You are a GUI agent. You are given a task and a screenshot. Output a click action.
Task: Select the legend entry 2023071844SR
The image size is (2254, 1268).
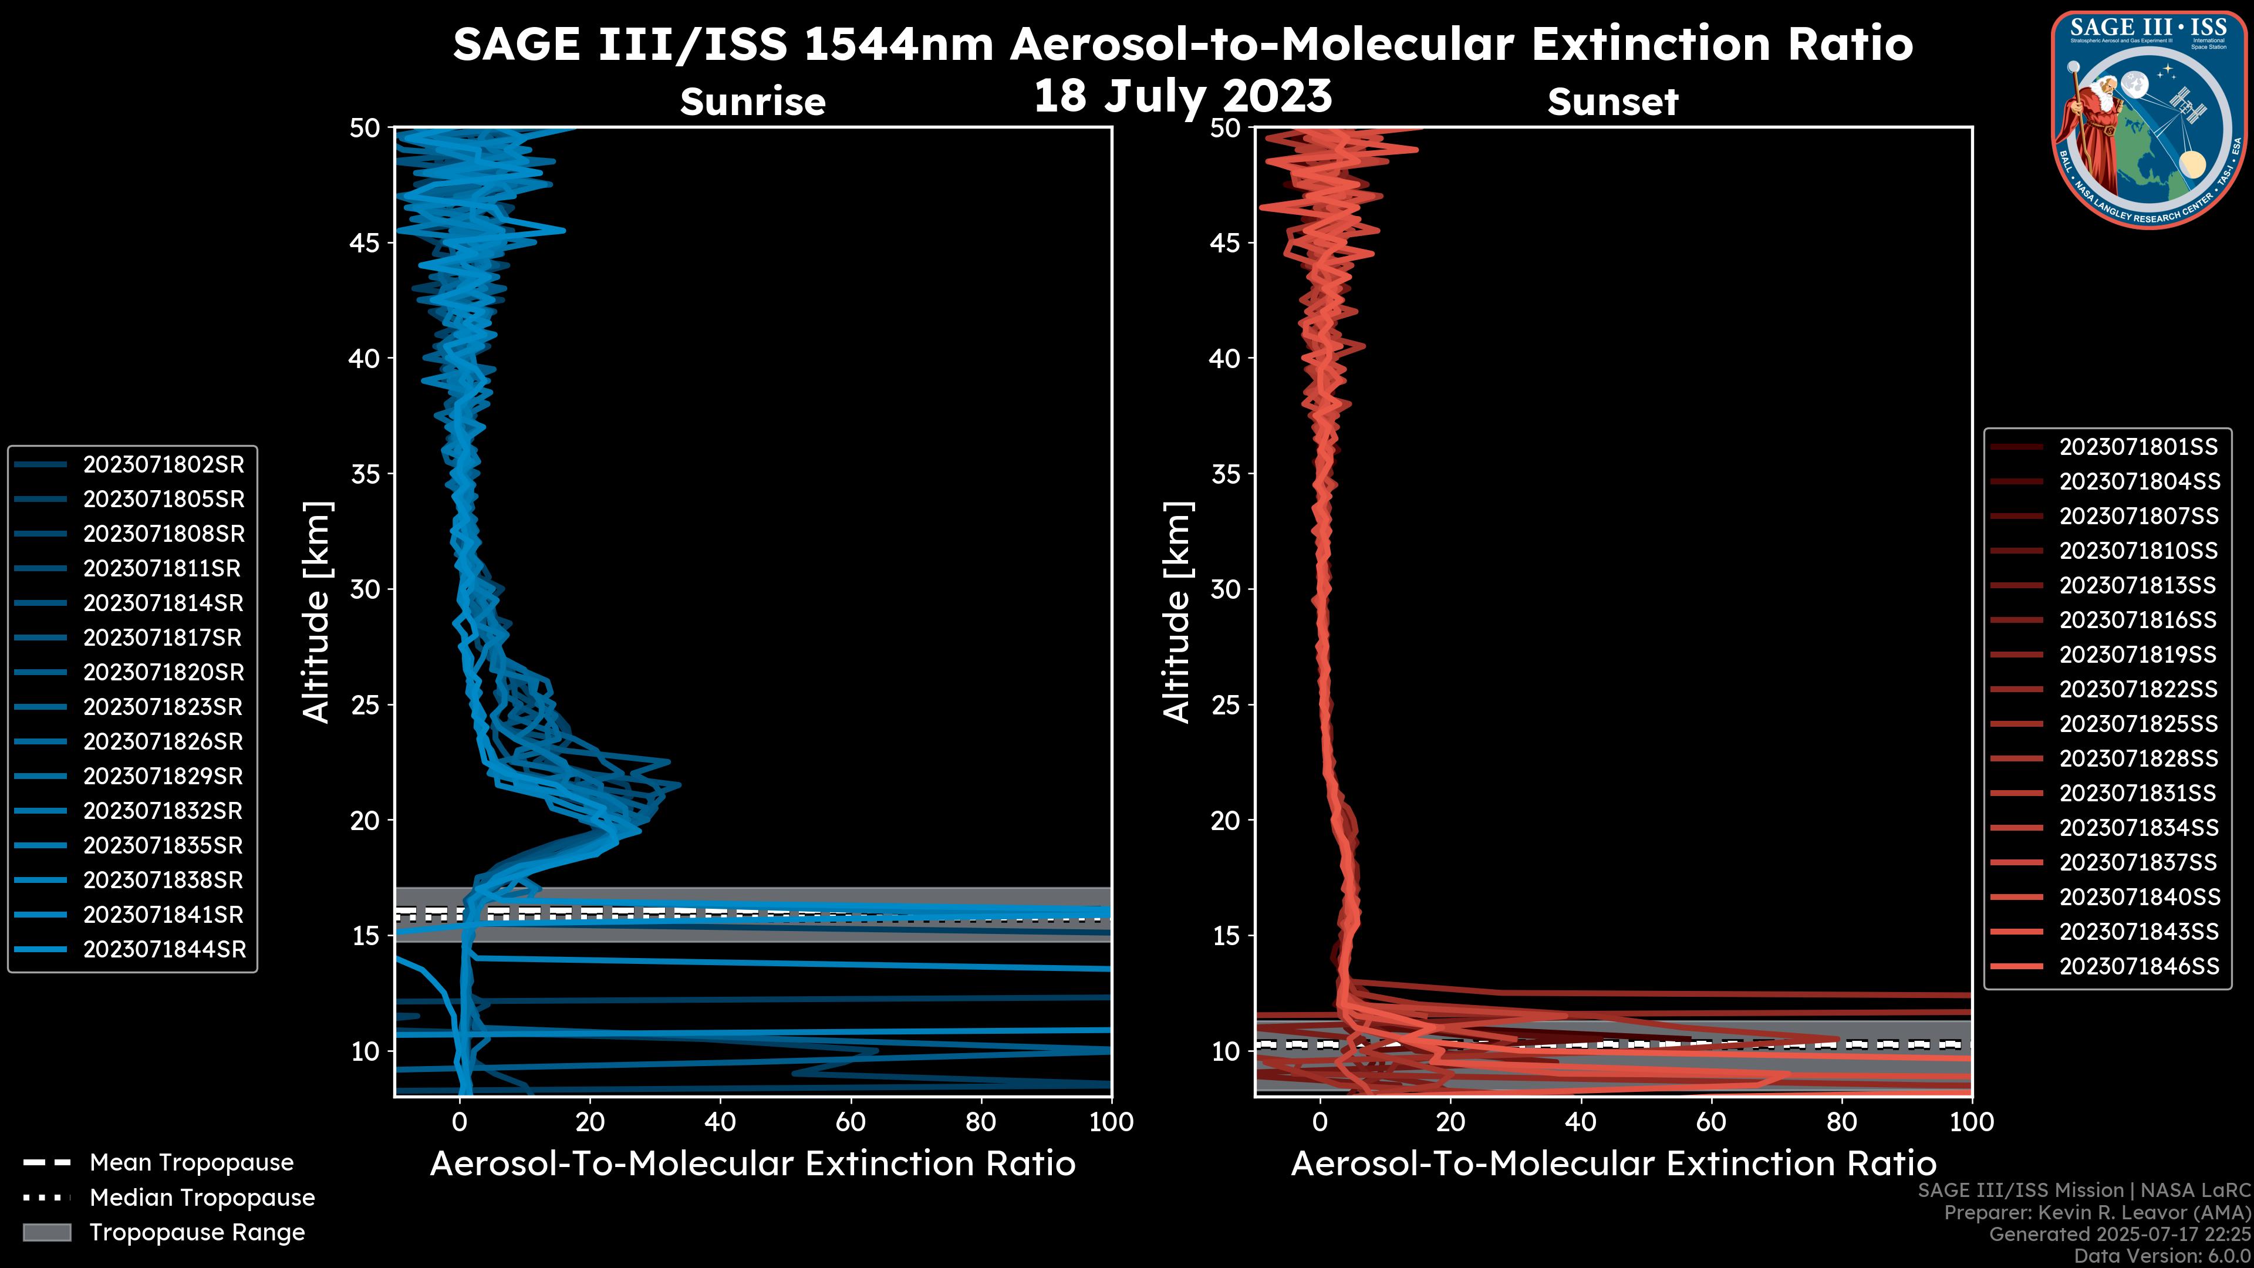[164, 949]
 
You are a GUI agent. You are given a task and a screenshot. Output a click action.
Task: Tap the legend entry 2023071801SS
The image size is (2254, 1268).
[2138, 447]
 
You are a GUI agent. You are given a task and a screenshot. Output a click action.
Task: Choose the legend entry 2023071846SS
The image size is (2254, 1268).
[2138, 966]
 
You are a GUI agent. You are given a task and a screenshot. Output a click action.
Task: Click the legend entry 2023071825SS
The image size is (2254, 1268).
[2138, 724]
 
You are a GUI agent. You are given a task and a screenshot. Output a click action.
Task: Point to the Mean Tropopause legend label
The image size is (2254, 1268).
[191, 1163]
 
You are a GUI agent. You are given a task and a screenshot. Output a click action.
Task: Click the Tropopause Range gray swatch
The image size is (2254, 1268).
[46, 1232]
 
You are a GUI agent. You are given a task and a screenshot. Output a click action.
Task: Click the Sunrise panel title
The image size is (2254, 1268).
[753, 102]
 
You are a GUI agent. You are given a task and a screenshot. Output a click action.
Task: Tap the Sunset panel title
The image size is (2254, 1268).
[1612, 102]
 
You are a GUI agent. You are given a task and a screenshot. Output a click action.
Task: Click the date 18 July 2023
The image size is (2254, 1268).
[1182, 96]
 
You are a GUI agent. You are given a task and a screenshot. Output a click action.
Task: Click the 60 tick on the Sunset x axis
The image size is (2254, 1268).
[1710, 1122]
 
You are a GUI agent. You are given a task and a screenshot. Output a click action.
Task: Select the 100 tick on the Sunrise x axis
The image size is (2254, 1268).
[1111, 1122]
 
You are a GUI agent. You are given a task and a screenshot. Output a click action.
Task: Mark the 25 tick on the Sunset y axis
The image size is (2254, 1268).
[1226, 704]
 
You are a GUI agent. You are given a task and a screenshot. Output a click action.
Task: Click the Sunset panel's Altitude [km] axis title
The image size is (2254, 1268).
[1177, 612]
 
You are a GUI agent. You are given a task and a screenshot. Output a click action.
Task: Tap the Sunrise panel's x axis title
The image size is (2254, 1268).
[753, 1164]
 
